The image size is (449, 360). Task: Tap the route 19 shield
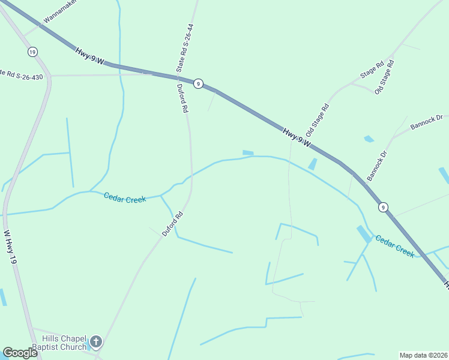[32, 52]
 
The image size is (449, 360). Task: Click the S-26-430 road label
[22, 74]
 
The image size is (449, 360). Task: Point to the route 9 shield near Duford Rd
[198, 84]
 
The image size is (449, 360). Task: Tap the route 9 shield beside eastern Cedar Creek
[383, 207]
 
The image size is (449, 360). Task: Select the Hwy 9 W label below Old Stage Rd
[297, 136]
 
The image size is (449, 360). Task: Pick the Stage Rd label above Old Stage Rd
[372, 70]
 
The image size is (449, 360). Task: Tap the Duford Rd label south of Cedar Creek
[172, 224]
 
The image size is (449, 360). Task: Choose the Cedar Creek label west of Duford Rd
[124, 198]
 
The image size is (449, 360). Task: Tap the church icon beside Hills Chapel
[96, 343]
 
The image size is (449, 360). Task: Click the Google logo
[20, 353]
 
